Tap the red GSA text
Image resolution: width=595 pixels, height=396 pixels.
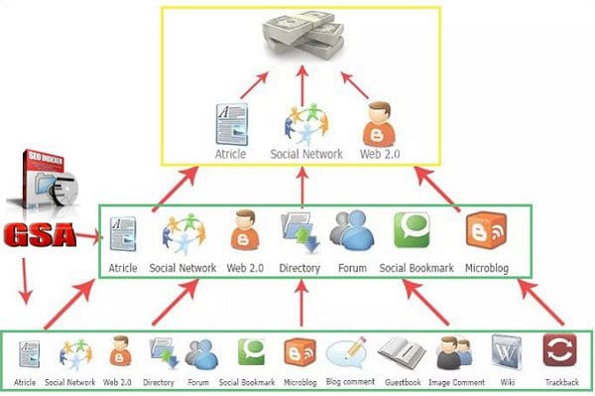point(41,236)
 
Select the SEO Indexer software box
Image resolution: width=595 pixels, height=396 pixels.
point(46,185)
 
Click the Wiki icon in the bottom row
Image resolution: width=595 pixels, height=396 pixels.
point(506,354)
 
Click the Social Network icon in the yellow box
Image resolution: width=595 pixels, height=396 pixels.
point(305,124)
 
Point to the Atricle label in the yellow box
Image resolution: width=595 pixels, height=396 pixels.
point(230,155)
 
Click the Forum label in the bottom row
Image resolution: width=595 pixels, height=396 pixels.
point(198,382)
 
